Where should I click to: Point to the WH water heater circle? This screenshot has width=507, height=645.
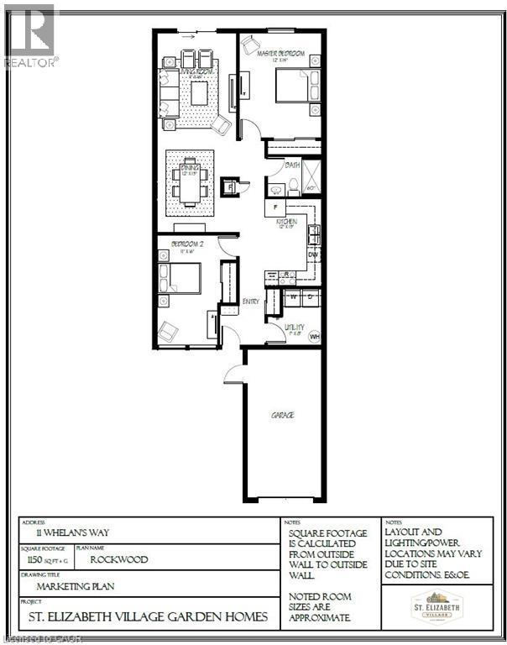coord(315,336)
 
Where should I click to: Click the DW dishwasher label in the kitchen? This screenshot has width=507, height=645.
coord(312,254)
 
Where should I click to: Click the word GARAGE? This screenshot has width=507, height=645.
coord(282,415)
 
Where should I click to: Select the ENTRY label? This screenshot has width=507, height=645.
coord(251,301)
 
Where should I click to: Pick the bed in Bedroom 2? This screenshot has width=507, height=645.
coord(182,277)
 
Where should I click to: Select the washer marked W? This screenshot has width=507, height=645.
coord(294,296)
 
